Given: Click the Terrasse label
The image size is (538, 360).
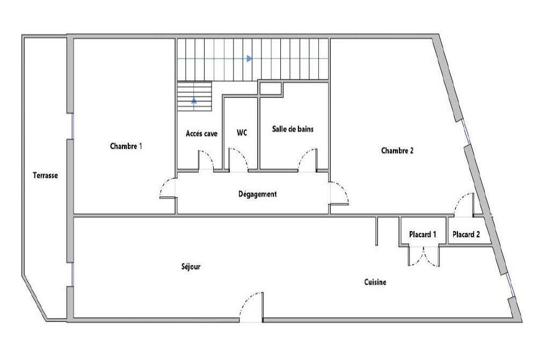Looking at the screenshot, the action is (45, 175).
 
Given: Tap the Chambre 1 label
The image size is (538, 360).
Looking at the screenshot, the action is (126, 146).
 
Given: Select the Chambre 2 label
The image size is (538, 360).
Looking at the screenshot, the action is (397, 151).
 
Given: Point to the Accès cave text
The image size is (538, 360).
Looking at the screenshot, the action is (201, 134).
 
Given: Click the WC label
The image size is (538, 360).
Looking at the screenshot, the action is (242, 133).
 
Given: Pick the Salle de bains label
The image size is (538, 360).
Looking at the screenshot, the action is (293, 129).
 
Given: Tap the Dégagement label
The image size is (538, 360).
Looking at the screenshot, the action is (257, 194).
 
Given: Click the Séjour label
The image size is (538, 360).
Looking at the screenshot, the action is (191, 267).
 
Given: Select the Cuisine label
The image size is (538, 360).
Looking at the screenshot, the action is (375, 282).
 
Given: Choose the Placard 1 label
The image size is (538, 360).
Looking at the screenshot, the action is (423, 234).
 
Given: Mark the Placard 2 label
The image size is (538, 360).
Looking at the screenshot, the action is (466, 234).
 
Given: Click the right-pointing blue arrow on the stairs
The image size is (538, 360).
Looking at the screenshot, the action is (249, 58).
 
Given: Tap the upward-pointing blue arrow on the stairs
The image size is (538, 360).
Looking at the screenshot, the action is (194, 100).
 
